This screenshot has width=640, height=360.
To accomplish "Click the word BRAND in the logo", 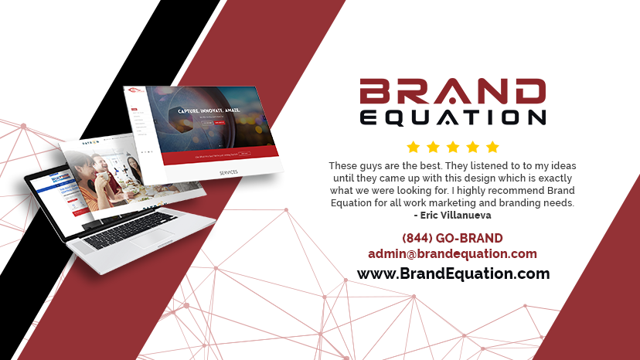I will [x=453, y=92].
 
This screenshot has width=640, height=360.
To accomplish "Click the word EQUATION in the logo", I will [x=453, y=117].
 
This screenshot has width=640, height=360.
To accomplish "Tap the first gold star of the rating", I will [x=413, y=147].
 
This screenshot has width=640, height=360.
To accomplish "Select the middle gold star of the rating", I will [x=453, y=147].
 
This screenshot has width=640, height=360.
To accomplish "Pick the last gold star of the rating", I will [x=493, y=147].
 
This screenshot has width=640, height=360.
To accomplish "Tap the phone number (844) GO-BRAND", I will [x=452, y=238].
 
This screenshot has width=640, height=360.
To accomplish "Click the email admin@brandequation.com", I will [x=452, y=253].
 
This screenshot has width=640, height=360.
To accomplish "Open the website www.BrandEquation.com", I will [x=453, y=273].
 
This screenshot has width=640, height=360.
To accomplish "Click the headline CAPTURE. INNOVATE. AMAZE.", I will [x=209, y=111].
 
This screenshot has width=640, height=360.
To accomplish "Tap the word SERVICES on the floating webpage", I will [x=230, y=172].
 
